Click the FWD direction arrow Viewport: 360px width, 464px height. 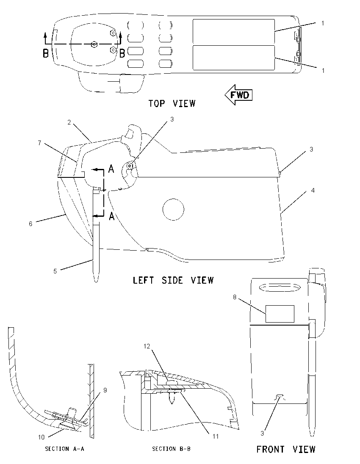[238, 95]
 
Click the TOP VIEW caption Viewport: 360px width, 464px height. [172, 104]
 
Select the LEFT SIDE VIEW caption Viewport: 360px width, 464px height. [173, 280]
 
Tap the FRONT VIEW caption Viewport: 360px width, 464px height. [286, 449]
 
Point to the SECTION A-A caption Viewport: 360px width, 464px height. [64, 449]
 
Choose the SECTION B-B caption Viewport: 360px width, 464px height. [172, 449]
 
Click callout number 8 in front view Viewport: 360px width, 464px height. [235, 297]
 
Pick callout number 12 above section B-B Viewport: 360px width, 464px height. [147, 346]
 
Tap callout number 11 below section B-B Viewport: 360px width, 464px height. [215, 436]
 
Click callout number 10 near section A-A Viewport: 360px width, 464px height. [41, 437]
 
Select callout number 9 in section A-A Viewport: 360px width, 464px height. [105, 390]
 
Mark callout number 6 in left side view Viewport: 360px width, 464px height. [30, 224]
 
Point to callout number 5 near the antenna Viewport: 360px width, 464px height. [55, 271]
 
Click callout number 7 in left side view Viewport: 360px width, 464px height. [39, 143]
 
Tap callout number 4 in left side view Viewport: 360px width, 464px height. [313, 191]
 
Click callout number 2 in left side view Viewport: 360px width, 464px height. [69, 122]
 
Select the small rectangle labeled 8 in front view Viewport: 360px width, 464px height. [280, 314]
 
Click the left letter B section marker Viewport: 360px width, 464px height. [46, 54]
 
